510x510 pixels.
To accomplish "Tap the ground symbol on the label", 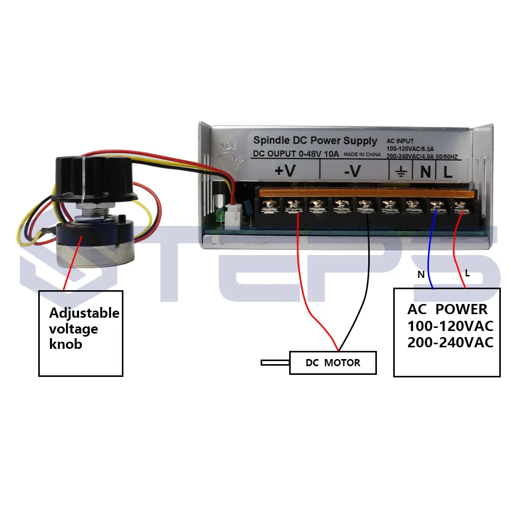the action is (400, 172).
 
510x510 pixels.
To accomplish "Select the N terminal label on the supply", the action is (425, 172).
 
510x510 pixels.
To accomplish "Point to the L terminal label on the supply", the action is (448, 172).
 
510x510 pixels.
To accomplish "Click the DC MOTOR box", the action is (333, 363).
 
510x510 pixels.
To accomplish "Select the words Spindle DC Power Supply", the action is (315, 141).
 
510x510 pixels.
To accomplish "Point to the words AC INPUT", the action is (400, 141).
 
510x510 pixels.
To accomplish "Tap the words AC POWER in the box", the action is (447, 309).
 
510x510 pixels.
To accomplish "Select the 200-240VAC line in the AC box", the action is (450, 342).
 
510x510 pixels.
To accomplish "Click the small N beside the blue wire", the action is (421, 274).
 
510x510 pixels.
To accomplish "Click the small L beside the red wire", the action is (467, 273).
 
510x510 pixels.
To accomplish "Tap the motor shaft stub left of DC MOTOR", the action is (275, 363).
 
